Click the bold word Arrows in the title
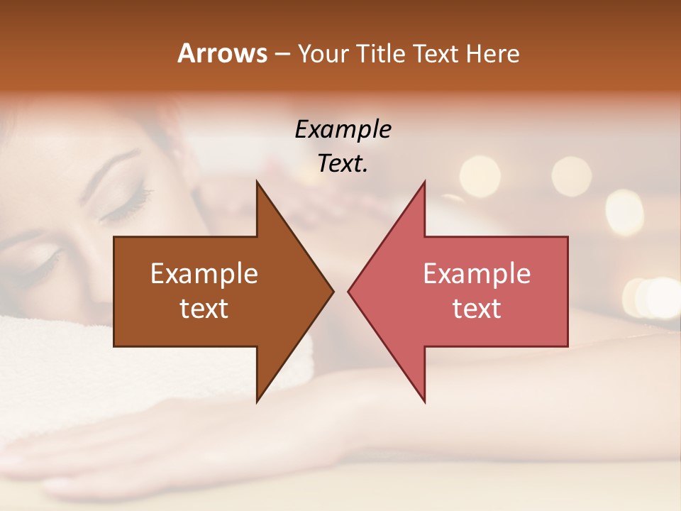click(x=222, y=53)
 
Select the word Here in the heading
click(x=493, y=53)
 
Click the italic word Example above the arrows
click(x=343, y=130)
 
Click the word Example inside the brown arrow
click(x=204, y=274)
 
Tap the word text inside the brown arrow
click(x=204, y=309)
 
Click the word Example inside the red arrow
click(x=477, y=274)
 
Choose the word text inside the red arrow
click(x=477, y=309)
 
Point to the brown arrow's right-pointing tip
click(x=332, y=291)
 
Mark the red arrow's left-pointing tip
click(x=349, y=291)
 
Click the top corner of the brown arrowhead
click(x=257, y=183)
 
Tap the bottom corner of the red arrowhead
click(x=424, y=400)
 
